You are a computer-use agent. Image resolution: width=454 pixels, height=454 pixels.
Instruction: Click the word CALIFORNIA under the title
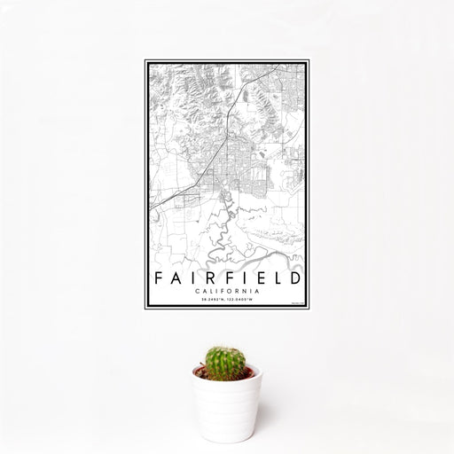(226, 290)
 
